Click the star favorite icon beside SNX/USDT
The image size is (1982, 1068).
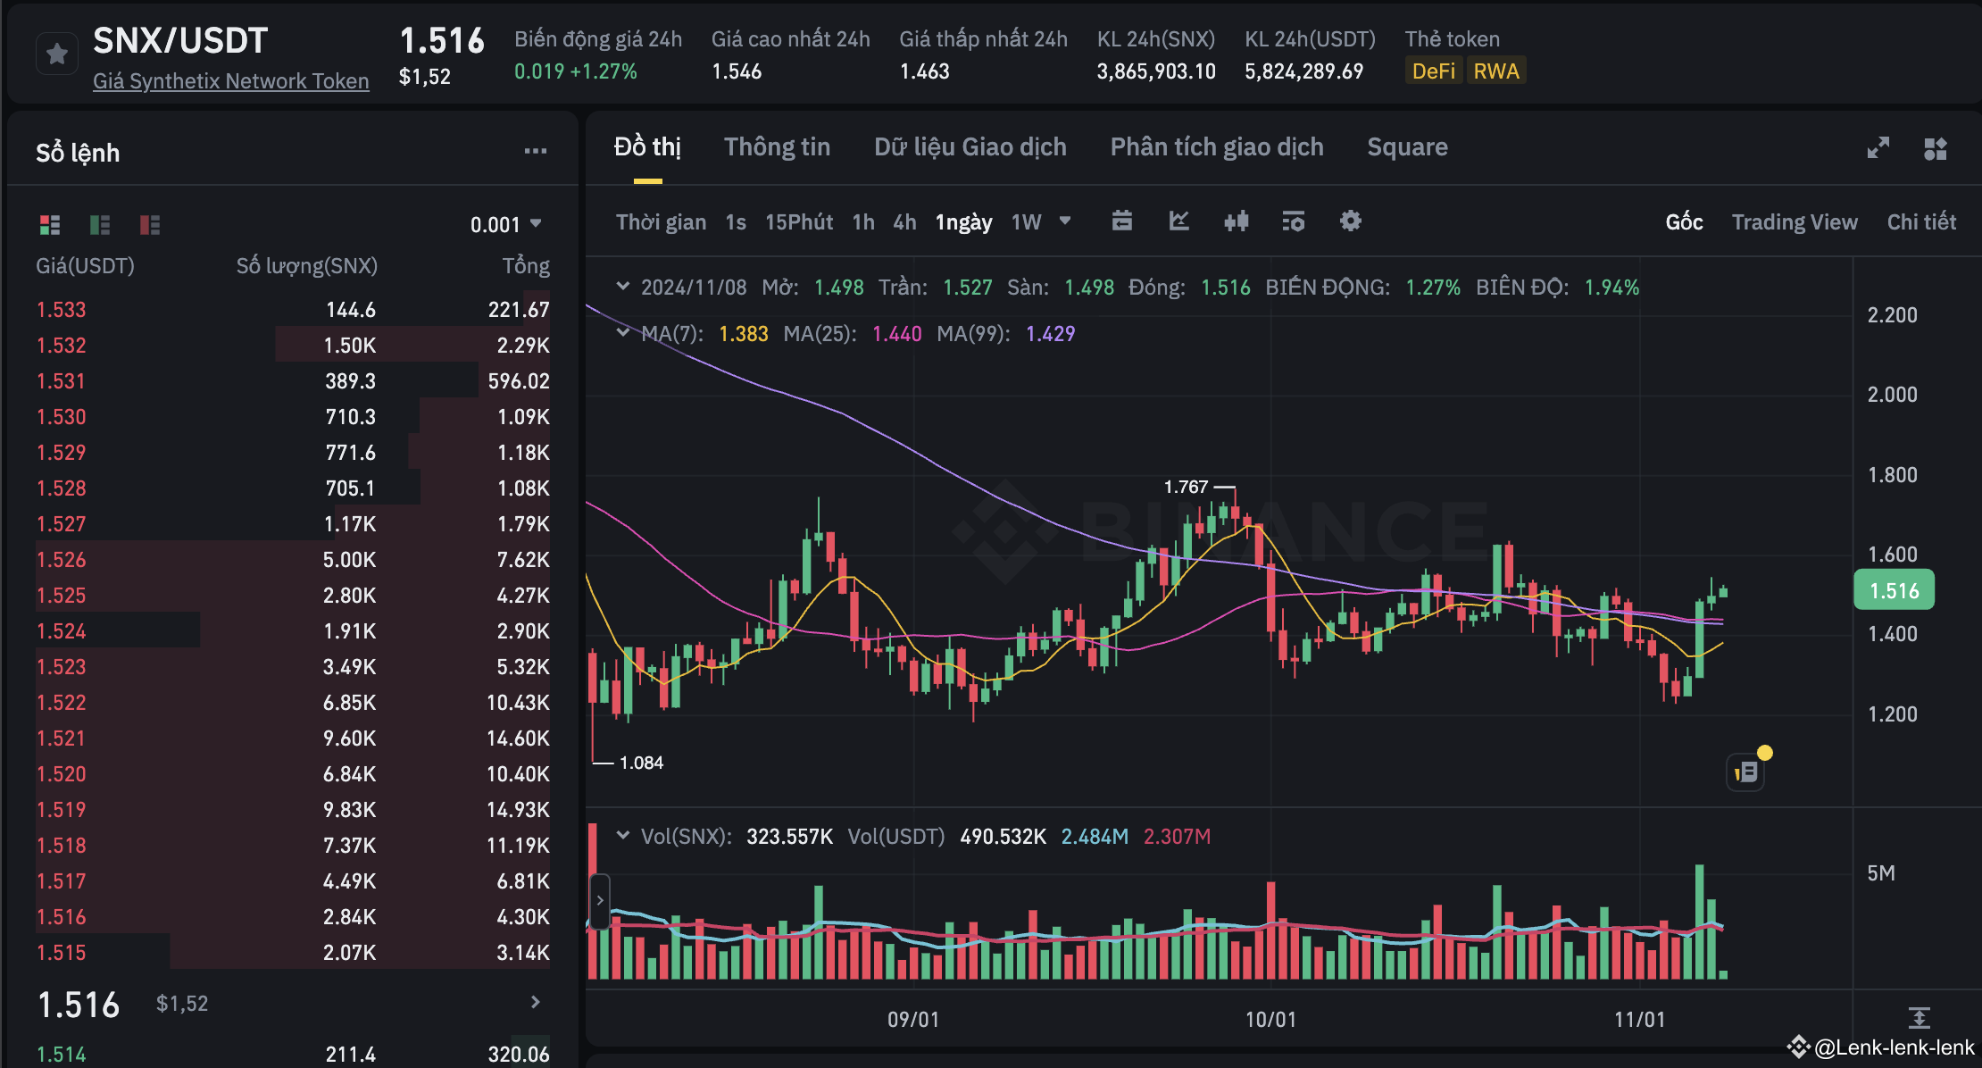tap(57, 54)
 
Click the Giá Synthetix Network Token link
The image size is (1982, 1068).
tap(230, 81)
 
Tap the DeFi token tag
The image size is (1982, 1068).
tap(1433, 71)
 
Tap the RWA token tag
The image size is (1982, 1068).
tap(1495, 71)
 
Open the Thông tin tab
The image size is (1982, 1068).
tap(777, 147)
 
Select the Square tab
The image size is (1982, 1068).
tap(1407, 147)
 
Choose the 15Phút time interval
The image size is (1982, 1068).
tap(798, 222)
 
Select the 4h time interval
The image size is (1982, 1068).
tap(904, 222)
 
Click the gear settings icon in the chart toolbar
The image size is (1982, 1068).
tap(1350, 221)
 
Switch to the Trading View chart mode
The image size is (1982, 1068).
tap(1795, 222)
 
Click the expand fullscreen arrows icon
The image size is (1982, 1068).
tap(1878, 148)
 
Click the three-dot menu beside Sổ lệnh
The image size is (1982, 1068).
tap(536, 152)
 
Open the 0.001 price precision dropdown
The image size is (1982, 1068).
tap(505, 224)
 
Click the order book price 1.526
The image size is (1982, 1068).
tap(62, 560)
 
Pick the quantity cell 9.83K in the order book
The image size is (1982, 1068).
tap(349, 810)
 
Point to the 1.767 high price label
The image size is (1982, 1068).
tap(1186, 487)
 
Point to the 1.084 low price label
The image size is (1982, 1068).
tap(641, 763)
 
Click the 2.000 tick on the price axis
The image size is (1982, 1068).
tap(1892, 395)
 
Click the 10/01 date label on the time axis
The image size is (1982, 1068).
tap(1270, 1020)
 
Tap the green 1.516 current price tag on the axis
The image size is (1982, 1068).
tap(1894, 591)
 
